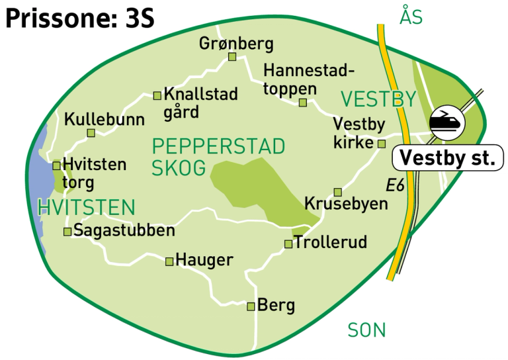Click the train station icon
pos(446,121)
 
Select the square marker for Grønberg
pos(232,57)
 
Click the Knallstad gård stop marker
pos(157,96)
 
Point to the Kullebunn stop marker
pos(91,133)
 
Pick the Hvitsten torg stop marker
pos(56,165)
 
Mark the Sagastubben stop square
pos(67,232)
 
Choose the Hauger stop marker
pos(169,261)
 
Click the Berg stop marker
pos(251,306)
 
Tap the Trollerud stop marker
pos(288,244)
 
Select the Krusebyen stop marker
pos(337,192)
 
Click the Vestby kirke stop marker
pos(381,144)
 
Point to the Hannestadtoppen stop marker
pos(302,103)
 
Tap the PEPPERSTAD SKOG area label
pos(218,156)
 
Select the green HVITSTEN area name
pos(86,208)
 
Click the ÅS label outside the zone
pos(410,17)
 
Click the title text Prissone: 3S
pos(79,19)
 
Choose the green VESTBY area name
pos(378,100)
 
